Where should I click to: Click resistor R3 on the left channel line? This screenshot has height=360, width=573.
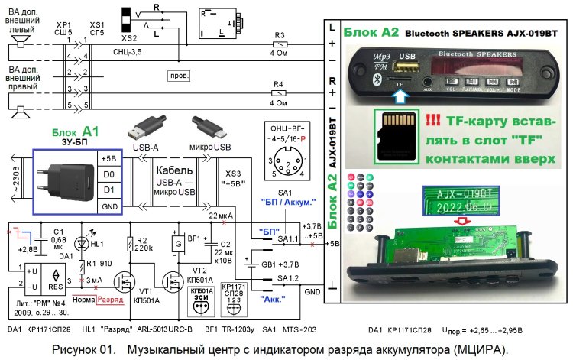[x=279, y=44]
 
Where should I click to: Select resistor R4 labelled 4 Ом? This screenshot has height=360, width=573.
[x=279, y=92]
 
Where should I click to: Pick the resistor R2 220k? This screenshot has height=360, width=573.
[x=128, y=244]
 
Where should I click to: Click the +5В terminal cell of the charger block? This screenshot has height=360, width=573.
[x=108, y=158]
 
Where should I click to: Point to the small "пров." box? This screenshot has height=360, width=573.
[x=180, y=76]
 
